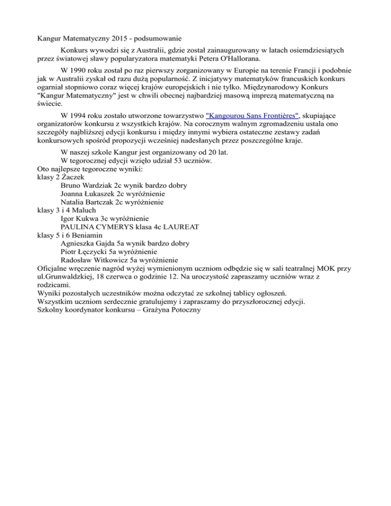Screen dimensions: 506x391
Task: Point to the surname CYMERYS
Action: coord(118,227)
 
